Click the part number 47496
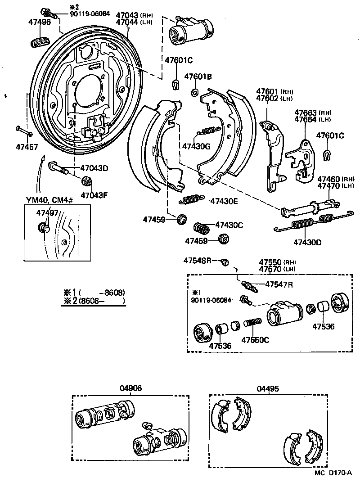[38, 22]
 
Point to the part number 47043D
[94, 168]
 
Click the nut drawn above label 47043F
[86, 182]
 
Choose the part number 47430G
[196, 146]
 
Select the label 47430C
[229, 225]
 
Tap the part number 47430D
[307, 243]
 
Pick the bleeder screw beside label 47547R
[248, 286]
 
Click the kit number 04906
[130, 388]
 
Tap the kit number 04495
[268, 388]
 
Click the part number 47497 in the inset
[47, 213]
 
